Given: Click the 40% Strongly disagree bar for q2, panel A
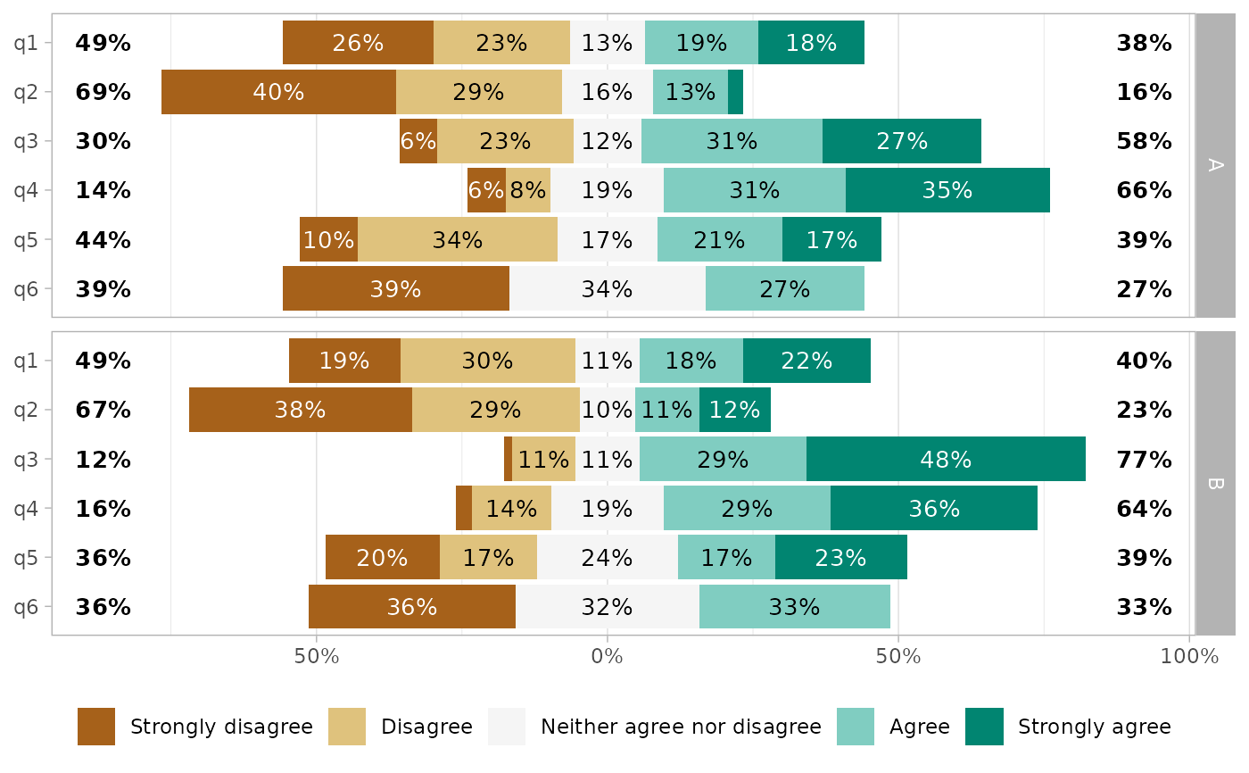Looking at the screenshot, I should coord(278,92).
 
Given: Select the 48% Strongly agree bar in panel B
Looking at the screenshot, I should coord(946,460).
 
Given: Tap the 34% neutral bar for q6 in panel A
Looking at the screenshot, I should coord(607,289).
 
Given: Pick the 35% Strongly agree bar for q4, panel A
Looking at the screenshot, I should coord(947,190).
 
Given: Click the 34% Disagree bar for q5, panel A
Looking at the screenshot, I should coord(458,240).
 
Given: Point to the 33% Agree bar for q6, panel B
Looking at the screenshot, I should coord(794,607).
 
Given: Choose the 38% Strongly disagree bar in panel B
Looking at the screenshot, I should coord(301,411).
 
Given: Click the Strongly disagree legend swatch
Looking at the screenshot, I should coord(96,727).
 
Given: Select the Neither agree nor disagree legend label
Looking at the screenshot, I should coord(681,727).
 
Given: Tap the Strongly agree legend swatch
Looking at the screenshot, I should coord(984,727).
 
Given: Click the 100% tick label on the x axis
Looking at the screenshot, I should coord(1189,658).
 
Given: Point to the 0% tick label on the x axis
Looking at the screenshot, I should coord(607,658).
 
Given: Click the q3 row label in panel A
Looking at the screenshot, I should coord(26,141).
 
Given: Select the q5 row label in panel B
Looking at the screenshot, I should coord(26,558).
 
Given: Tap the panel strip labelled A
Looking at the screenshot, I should coord(1215,165).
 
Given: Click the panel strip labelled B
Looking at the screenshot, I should coord(1215,484).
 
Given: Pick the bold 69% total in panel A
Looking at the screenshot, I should coord(103,92).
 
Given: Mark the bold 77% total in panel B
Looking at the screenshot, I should coord(1144,460).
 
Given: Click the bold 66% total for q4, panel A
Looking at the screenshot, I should coord(1144,190).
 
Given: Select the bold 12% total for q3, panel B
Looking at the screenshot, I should coord(103,460).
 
